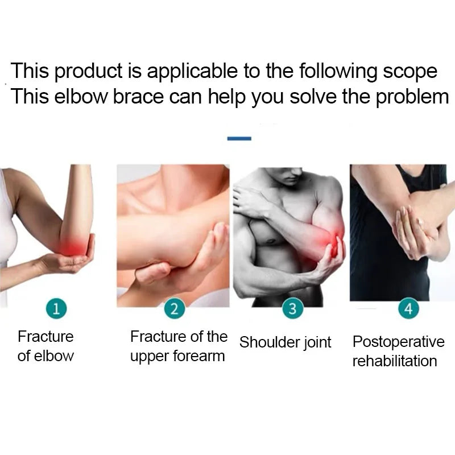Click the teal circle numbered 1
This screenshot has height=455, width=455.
(x=56, y=308)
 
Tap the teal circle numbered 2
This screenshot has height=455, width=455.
(x=175, y=309)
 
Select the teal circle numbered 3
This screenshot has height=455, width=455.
(x=293, y=308)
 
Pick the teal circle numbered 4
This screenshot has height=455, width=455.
(x=408, y=308)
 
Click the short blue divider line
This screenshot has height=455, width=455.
(x=239, y=139)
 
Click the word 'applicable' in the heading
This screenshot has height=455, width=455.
(x=192, y=71)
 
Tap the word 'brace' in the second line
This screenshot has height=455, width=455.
(x=138, y=97)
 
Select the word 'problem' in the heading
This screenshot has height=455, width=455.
(x=412, y=97)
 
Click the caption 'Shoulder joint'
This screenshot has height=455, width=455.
(x=286, y=342)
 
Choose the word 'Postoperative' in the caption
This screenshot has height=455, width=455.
(x=399, y=342)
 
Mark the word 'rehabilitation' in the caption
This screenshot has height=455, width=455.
(x=395, y=361)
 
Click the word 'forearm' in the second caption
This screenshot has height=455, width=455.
(x=199, y=356)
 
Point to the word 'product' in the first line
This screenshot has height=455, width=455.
(x=89, y=72)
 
